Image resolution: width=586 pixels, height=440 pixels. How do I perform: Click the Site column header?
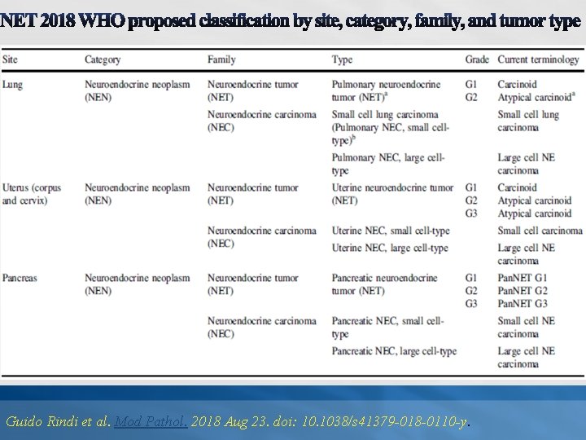click(11, 59)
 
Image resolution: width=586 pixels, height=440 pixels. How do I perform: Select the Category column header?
click(103, 59)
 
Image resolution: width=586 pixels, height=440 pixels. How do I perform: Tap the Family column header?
click(221, 59)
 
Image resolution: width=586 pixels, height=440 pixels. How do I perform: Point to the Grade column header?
click(477, 59)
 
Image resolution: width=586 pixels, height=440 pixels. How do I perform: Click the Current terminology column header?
click(538, 59)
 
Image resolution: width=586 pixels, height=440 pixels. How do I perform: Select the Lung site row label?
click(12, 85)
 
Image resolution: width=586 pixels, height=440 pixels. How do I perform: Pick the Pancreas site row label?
click(20, 278)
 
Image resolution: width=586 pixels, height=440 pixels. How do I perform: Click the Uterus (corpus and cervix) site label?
click(32, 194)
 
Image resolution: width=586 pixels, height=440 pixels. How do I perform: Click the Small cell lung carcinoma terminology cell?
click(528, 121)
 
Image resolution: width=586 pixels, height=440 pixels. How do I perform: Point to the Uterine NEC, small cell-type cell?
click(390, 231)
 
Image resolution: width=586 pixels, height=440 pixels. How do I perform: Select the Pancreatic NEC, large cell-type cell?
click(394, 351)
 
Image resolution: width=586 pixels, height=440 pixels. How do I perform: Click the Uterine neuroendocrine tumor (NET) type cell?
click(392, 194)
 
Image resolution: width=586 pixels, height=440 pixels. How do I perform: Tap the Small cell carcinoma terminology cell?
click(540, 231)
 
